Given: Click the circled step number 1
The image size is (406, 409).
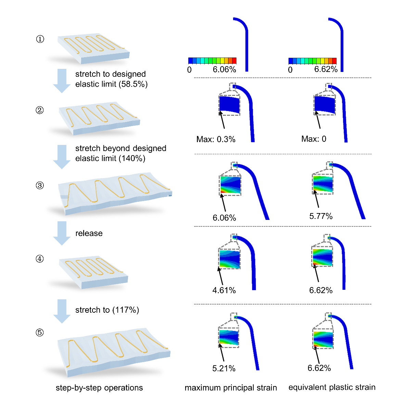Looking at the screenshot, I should [40, 39].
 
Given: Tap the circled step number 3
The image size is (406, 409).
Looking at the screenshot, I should [40, 186].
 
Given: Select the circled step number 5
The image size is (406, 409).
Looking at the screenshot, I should [40, 333].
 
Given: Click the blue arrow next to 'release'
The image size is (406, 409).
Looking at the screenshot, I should [62, 233].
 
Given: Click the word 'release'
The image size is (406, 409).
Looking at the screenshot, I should [89, 234].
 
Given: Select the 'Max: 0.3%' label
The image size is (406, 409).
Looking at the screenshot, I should [216, 139].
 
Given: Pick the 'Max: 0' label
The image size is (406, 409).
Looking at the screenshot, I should [314, 139].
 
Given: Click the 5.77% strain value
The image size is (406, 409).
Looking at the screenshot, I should [321, 216].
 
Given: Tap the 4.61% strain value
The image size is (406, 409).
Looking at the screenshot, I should [224, 290].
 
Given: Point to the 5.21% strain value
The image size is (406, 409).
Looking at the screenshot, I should [224, 369].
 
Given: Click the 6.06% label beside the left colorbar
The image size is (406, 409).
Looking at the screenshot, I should [224, 70].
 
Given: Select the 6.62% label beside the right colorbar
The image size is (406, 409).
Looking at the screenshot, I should [326, 70].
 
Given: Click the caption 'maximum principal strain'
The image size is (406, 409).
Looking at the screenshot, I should [231, 388].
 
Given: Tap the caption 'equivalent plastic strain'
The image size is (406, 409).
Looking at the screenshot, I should [332, 387].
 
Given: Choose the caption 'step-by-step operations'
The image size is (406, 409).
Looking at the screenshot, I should [99, 388].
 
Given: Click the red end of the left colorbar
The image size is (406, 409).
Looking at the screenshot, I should [234, 61].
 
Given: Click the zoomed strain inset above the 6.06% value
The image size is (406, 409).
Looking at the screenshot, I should [230, 185].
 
